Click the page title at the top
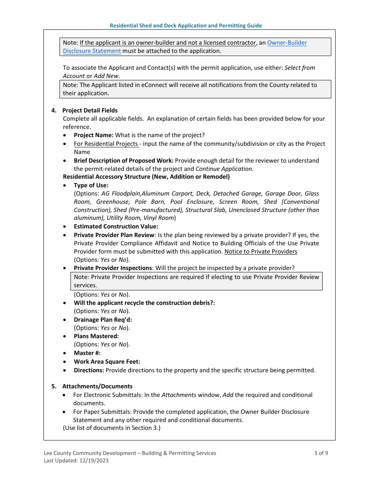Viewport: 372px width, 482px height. point(186,25)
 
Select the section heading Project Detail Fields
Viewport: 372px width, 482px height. point(90,111)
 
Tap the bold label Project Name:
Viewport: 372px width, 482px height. point(94,135)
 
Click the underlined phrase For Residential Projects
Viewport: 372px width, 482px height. point(106,144)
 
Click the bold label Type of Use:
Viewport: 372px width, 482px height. point(91,185)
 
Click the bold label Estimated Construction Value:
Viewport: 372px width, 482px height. point(116,227)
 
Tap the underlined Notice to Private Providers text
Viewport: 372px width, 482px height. point(260,252)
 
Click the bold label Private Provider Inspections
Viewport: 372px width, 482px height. point(113,268)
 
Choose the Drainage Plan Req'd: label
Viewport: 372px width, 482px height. point(103,320)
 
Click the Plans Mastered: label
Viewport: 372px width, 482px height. point(96,336)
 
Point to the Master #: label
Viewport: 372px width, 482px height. point(87,353)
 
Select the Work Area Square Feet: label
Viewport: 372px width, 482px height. point(107,362)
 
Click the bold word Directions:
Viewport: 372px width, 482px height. point(89,370)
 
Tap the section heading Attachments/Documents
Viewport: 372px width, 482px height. point(97,386)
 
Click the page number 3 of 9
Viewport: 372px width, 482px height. point(321,453)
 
